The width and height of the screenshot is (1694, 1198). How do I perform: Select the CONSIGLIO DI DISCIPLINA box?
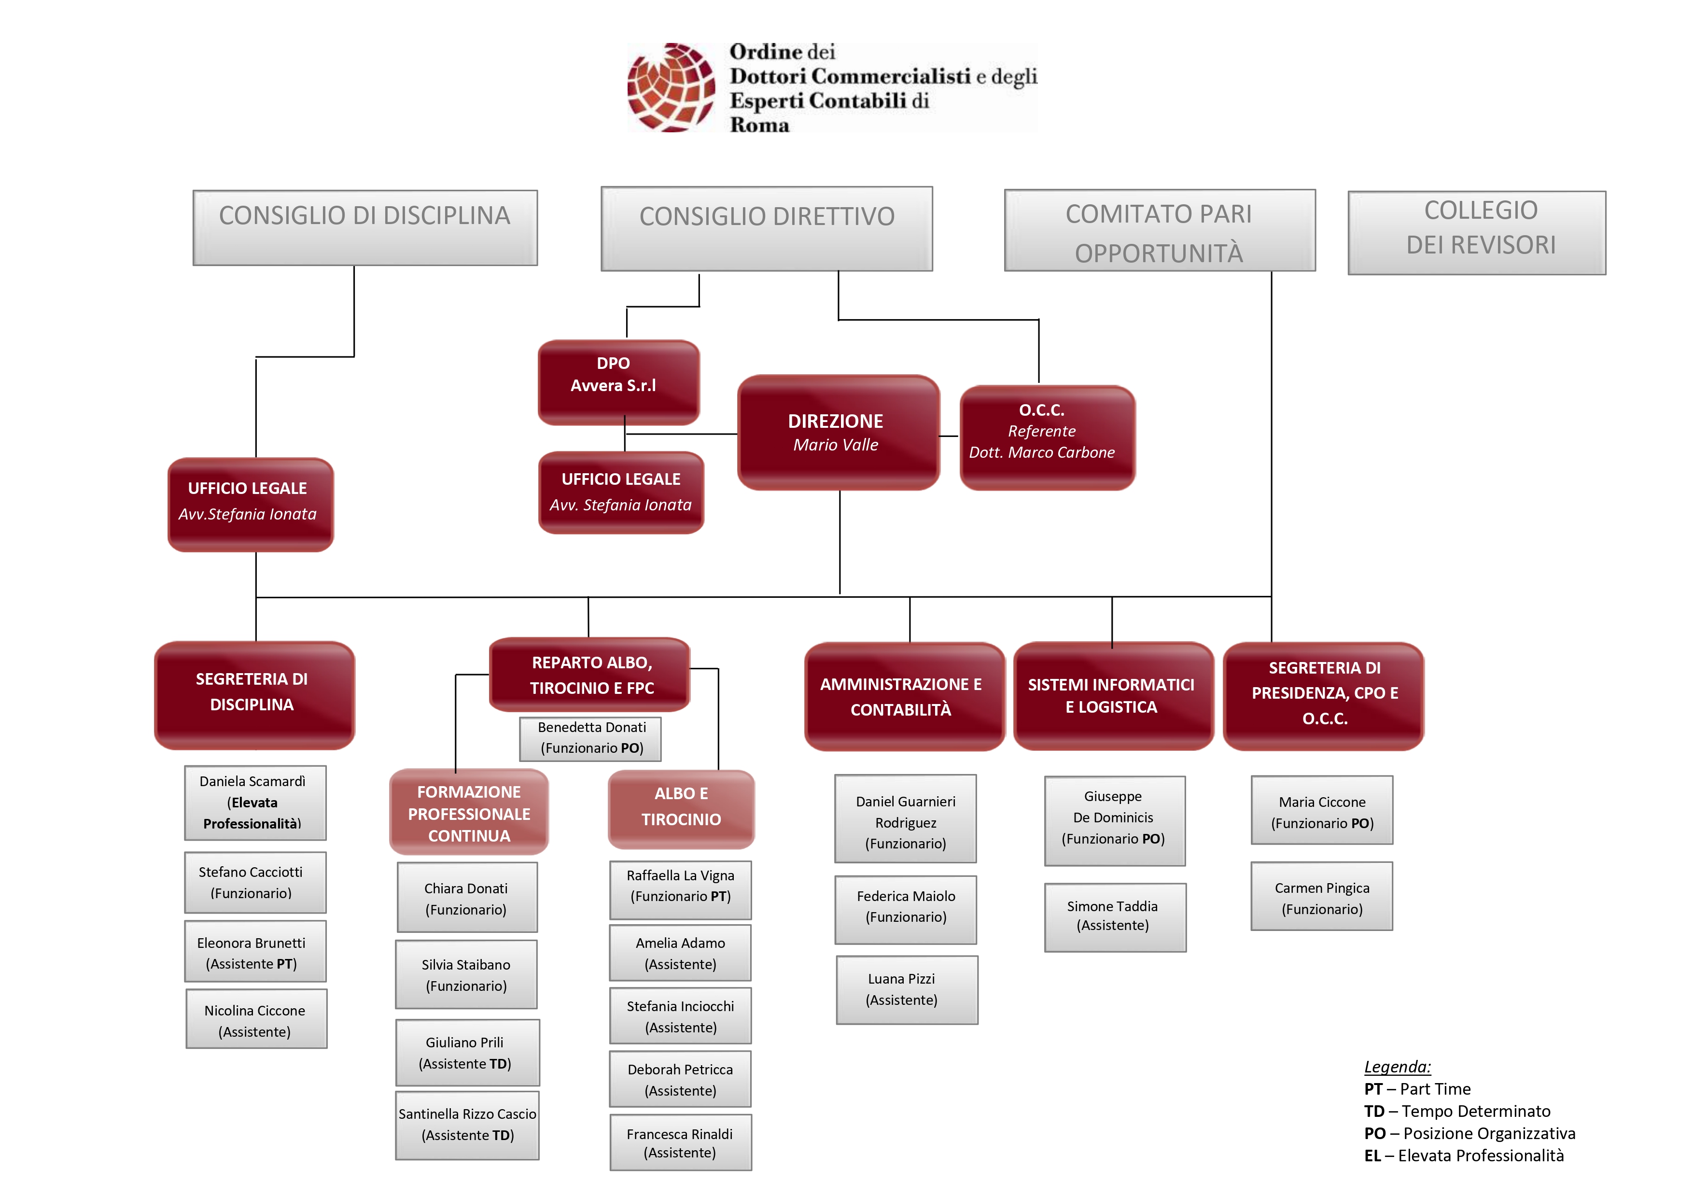365,227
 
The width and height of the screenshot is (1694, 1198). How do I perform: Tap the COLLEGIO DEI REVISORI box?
1477,233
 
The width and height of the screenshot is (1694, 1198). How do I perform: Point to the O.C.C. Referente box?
1047,437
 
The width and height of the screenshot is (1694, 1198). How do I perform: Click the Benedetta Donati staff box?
590,738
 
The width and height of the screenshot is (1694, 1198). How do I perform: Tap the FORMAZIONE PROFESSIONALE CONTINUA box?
469,812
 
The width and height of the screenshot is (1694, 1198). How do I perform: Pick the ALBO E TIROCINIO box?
681,808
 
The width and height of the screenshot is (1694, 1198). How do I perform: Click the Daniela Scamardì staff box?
255,803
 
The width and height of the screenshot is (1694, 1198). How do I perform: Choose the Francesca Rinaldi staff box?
680,1142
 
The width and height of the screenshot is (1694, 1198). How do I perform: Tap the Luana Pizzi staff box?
907,990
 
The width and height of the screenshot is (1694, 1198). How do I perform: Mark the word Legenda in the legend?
1397,1067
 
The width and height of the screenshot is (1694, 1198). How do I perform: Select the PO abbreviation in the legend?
1374,1133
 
